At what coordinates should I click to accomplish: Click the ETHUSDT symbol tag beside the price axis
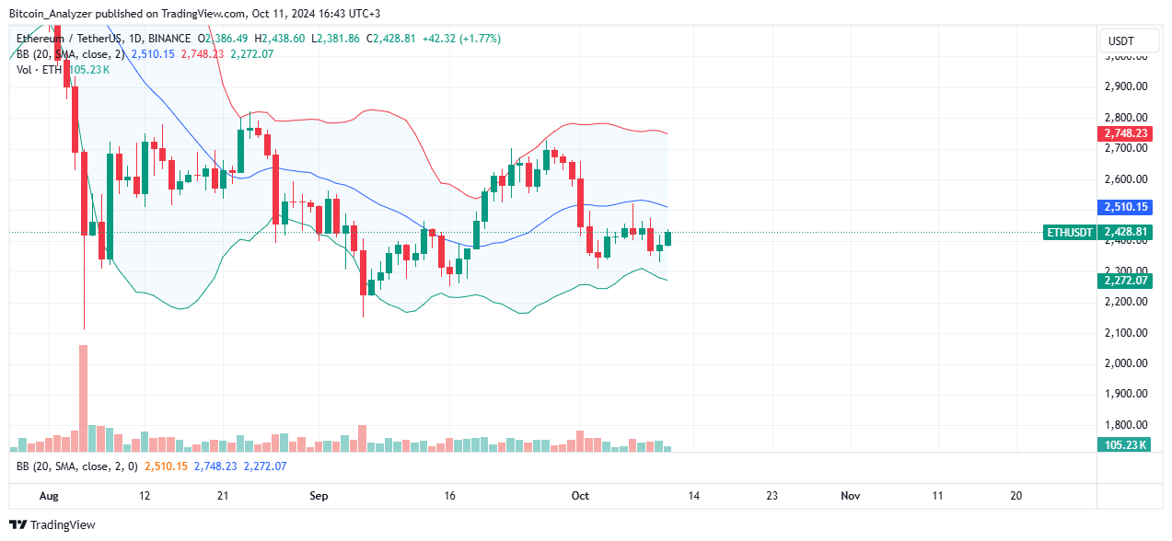1069,233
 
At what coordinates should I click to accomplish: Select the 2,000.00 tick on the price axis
1125,363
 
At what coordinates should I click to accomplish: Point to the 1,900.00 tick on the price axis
1125,394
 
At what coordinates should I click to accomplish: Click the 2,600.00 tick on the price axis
1125,178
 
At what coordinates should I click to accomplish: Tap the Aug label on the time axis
51,496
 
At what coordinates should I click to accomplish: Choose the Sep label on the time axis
319,496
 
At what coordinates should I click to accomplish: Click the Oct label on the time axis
580,496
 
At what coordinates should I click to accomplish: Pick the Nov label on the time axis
850,496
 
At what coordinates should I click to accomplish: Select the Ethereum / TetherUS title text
73,39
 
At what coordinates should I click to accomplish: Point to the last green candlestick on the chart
668,238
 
